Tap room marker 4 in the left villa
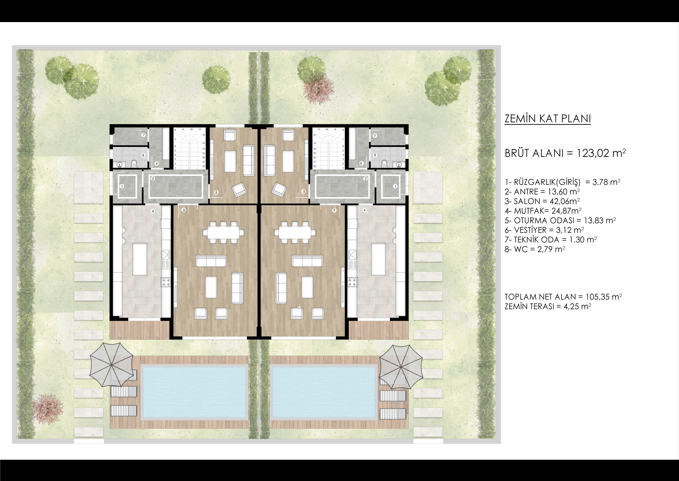point(153,211)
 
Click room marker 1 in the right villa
point(395,186)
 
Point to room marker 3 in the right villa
point(334,210)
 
